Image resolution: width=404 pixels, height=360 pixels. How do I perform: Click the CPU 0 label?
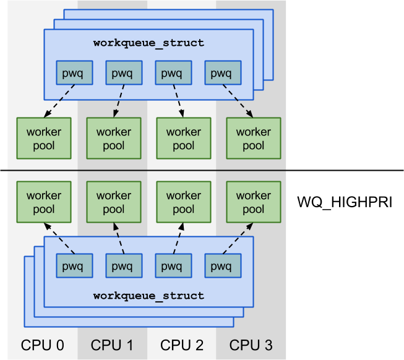tap(43, 345)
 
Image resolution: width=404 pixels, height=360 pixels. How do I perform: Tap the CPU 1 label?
tap(112, 345)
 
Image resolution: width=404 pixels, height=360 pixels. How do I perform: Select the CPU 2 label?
tap(182, 345)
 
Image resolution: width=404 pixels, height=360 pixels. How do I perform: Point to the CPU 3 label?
tap(251, 345)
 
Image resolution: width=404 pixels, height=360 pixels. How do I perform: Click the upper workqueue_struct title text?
tap(148, 43)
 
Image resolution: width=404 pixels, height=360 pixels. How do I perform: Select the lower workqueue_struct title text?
tap(148, 296)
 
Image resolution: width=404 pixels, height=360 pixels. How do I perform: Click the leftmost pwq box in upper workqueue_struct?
tap(74, 73)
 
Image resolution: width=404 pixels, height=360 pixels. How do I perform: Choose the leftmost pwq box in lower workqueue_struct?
tap(74, 266)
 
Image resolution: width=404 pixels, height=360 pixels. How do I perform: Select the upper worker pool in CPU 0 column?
tap(43, 139)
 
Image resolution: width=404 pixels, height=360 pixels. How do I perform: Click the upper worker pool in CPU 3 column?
tap(253, 139)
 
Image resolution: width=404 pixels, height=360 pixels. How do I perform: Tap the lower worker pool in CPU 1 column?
tap(113, 202)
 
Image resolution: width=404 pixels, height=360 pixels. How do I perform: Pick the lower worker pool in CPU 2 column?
tap(183, 202)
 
